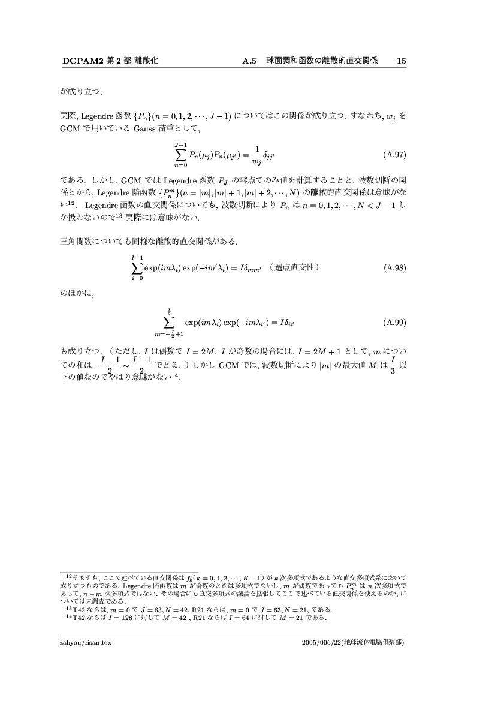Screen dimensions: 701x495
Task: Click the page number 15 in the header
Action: pyautogui.click(x=402, y=61)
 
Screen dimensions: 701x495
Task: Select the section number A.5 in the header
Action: pyautogui.click(x=249, y=61)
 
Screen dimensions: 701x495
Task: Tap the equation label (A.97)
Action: pyautogui.click(x=394, y=154)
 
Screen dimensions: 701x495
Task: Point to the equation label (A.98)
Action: pyautogui.click(x=394, y=267)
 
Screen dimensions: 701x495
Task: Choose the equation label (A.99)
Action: pyautogui.click(x=394, y=322)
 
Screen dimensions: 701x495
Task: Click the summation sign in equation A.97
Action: pyautogui.click(x=181, y=154)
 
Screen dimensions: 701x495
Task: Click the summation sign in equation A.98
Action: pyautogui.click(x=137, y=267)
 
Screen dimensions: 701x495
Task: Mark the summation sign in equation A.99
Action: pyautogui.click(x=169, y=322)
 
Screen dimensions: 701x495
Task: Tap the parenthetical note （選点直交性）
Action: pyautogui.click(x=293, y=267)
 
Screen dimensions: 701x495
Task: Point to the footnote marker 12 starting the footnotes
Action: pyautogui.click(x=69, y=575)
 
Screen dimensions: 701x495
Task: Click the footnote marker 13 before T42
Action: pyautogui.click(x=68, y=608)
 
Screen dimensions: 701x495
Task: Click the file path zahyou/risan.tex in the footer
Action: pyautogui.click(x=86, y=642)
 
